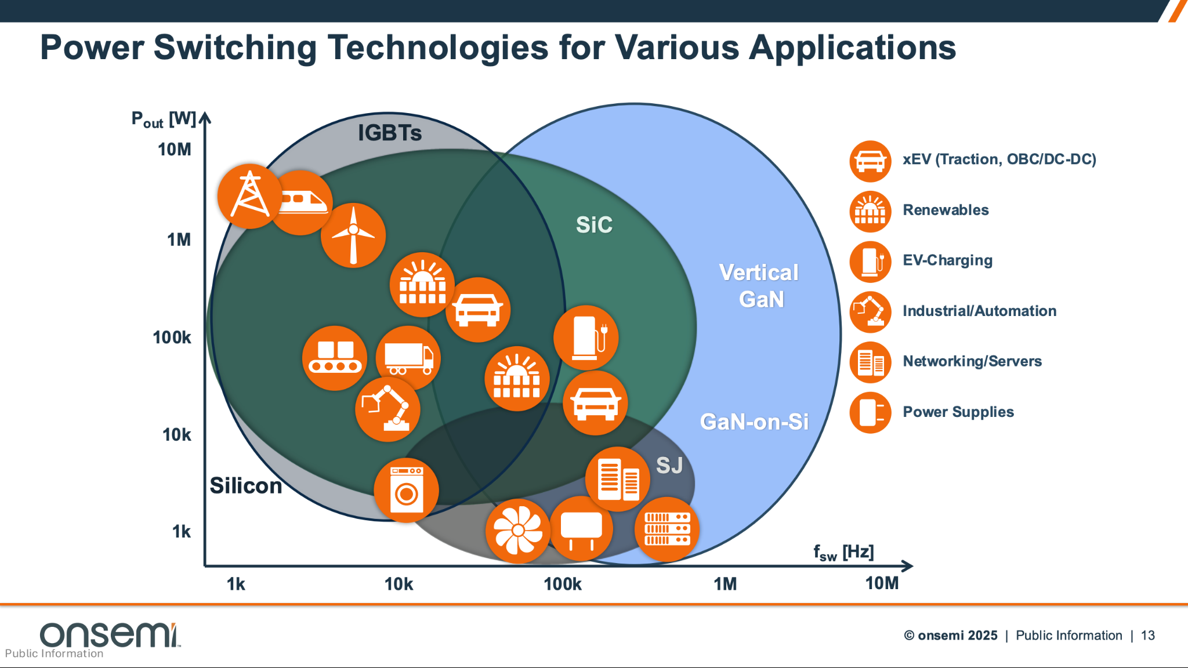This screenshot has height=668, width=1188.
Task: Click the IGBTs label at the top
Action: tap(389, 133)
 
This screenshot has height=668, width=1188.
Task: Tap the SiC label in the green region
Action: tap(594, 225)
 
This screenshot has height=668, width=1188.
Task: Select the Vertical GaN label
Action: tap(759, 286)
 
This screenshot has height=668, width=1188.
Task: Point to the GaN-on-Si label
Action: tap(754, 422)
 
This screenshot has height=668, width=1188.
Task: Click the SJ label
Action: tap(669, 465)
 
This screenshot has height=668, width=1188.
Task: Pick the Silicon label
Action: tap(245, 486)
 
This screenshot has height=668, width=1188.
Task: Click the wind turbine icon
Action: tap(353, 235)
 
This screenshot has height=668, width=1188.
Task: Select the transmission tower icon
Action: tap(250, 195)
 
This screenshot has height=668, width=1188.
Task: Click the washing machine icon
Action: tap(406, 490)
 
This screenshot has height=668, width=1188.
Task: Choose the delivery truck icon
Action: tap(408, 358)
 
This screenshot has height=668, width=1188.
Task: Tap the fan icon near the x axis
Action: tap(517, 531)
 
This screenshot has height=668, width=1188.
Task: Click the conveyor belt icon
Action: tap(335, 358)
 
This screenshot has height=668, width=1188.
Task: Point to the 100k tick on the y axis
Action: tap(172, 337)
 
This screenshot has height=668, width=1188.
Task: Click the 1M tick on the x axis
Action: tap(725, 584)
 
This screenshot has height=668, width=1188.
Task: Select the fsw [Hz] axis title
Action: tap(843, 552)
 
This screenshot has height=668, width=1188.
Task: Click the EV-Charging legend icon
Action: tap(870, 262)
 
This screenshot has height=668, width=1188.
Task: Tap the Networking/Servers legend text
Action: tap(972, 361)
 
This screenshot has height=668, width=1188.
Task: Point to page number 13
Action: tap(1147, 636)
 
